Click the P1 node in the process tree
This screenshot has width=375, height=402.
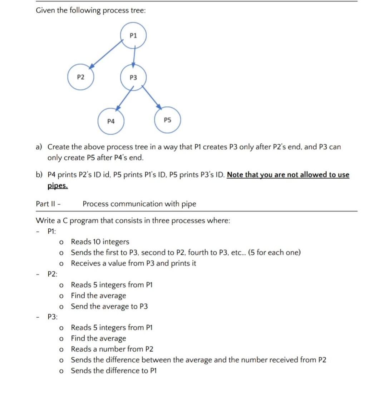coord(133,35)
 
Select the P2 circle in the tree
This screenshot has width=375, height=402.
coord(81,77)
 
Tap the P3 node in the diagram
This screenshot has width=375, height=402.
coord(133,77)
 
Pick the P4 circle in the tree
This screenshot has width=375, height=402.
coord(111,121)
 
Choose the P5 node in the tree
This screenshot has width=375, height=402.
coord(167,120)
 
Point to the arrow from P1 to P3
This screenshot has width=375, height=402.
coord(133,56)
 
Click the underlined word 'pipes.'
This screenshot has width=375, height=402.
coord(58,186)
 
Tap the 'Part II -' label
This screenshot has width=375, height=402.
coord(48,204)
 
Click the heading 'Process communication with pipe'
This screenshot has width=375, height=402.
coord(139,204)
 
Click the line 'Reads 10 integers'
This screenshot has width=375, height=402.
coord(100,242)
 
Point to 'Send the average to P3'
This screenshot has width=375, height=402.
coord(109,306)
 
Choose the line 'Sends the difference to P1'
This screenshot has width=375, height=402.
coord(114,371)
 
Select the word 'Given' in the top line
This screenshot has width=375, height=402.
coord(45,11)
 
